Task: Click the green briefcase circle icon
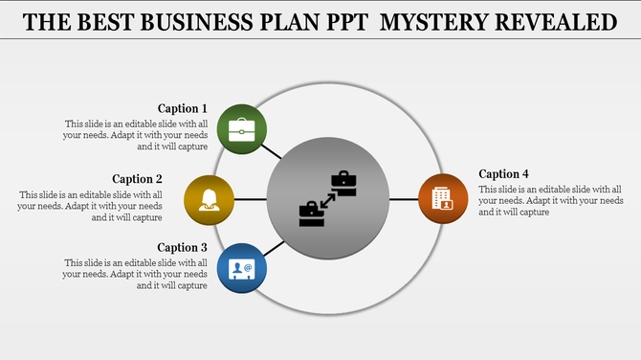coord(242,128)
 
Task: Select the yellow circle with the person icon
coord(209,199)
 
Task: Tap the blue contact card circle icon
coord(242,269)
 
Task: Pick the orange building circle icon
coord(443,199)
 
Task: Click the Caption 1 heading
coord(183,109)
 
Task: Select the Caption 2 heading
coord(138,179)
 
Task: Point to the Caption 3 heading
coord(183,248)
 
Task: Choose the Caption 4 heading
coord(504,174)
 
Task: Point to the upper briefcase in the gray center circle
coord(343,183)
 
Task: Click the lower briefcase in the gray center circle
coord(312,214)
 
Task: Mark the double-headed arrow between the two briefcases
coord(328,199)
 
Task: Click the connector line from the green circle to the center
coord(273,150)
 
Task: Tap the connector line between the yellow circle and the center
coord(251,199)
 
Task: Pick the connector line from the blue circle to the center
coord(273,248)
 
